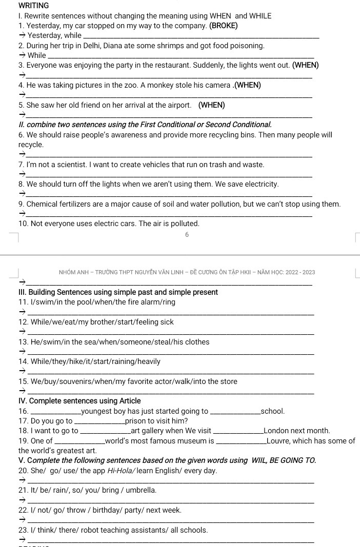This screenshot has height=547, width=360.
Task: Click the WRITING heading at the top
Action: (33, 6)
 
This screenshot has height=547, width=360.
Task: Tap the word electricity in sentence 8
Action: (260, 184)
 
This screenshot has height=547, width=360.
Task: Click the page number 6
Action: (187, 234)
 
